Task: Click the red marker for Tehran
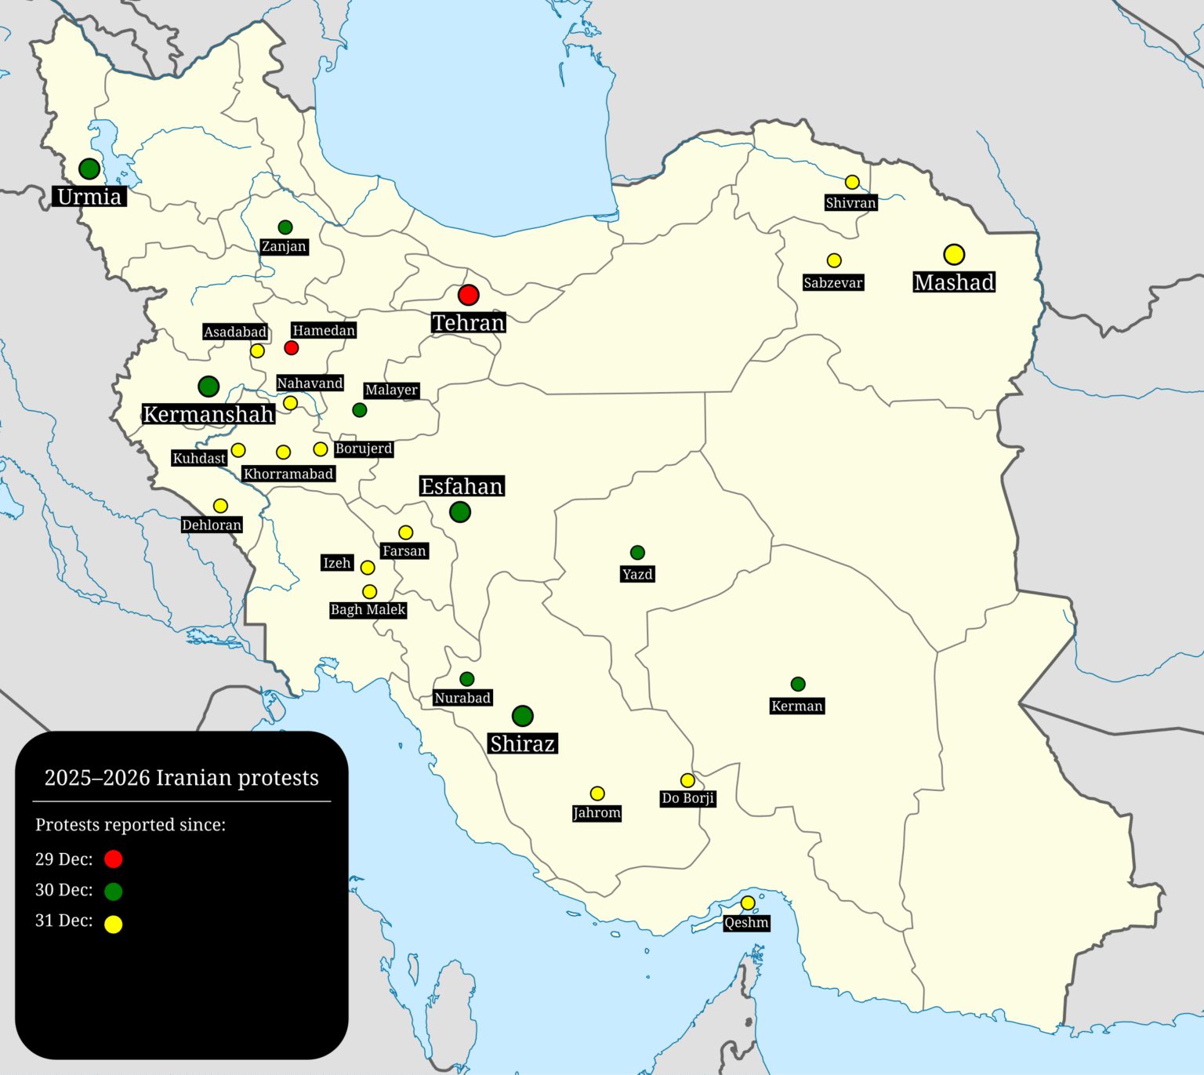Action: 468,295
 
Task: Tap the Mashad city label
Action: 954,282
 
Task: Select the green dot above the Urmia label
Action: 89,169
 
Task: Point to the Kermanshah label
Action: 209,414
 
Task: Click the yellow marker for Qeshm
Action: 748,903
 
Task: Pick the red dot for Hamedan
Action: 292,347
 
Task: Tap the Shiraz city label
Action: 522,743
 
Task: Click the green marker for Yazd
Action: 637,553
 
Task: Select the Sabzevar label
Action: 832,283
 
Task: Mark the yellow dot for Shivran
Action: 852,183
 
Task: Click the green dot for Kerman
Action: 798,685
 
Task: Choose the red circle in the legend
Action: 114,859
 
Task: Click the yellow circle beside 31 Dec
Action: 114,924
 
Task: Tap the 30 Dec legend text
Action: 63,890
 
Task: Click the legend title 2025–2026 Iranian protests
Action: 181,778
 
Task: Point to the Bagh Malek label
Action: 368,610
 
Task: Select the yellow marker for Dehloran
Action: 221,506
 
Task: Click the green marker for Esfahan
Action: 460,512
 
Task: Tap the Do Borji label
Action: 687,798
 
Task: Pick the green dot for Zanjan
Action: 285,227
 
